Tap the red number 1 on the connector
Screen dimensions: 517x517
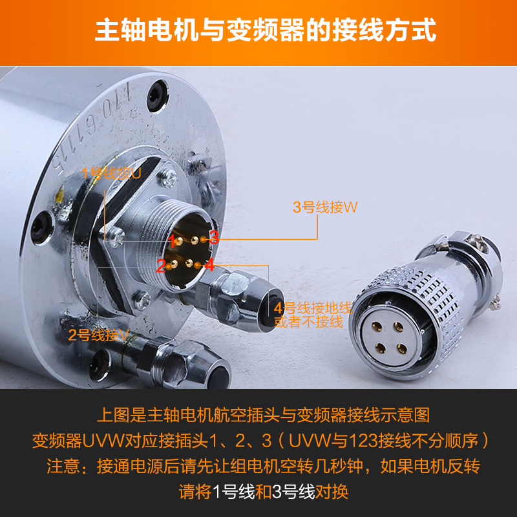[173, 242]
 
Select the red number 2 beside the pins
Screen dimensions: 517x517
[161, 265]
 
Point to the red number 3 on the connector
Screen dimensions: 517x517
[214, 237]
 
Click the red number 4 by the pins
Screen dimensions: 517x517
[209, 264]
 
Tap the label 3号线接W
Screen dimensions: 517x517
[325, 207]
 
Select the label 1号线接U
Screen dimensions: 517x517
[111, 173]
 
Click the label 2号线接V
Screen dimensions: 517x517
[100, 335]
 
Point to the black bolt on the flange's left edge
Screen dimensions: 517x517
[43, 227]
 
